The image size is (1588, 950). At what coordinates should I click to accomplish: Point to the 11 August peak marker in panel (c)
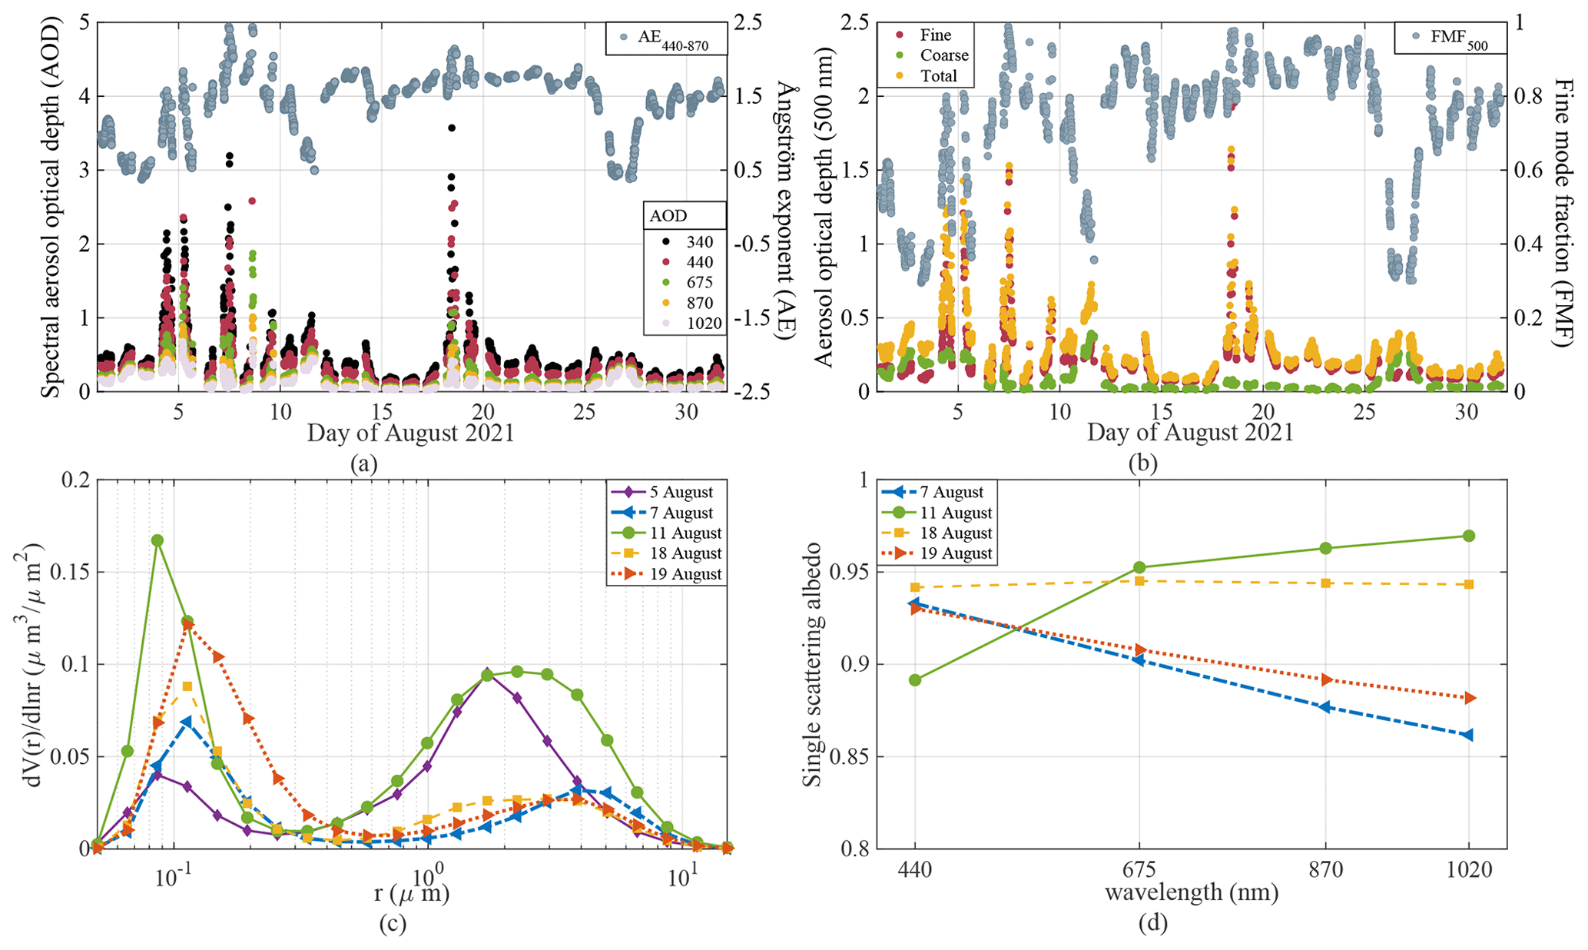coord(157,540)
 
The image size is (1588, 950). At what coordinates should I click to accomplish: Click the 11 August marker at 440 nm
coord(915,680)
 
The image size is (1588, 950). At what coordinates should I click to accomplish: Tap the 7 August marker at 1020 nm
coord(1468,735)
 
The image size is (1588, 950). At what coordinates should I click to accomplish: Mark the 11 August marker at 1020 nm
coord(1468,536)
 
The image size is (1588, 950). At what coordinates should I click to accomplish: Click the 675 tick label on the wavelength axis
coord(1139,870)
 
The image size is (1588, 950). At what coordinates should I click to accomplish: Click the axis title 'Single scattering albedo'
coord(812,665)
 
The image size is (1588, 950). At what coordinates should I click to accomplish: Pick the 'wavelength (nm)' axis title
coord(1192,893)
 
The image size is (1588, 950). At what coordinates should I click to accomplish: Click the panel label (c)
coord(392,923)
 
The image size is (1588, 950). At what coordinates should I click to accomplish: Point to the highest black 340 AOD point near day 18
coord(452,128)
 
